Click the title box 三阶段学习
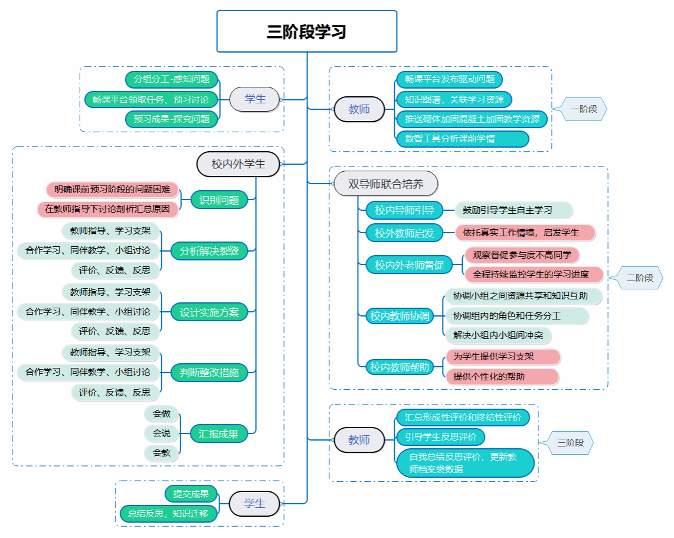click(306, 31)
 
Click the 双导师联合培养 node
click(386, 184)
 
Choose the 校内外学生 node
click(238, 164)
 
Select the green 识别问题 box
click(219, 200)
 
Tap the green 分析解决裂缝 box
click(210, 251)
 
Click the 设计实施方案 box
click(210, 312)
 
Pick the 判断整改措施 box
click(210, 373)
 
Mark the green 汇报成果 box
click(219, 434)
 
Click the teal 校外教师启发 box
click(404, 233)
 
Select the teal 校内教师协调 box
click(400, 316)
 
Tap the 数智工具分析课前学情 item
click(463, 139)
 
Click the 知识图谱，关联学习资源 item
click(454, 99)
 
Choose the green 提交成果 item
click(191, 494)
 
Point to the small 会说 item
click(162, 433)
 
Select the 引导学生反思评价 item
click(440, 438)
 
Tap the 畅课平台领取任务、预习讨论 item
click(151, 99)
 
